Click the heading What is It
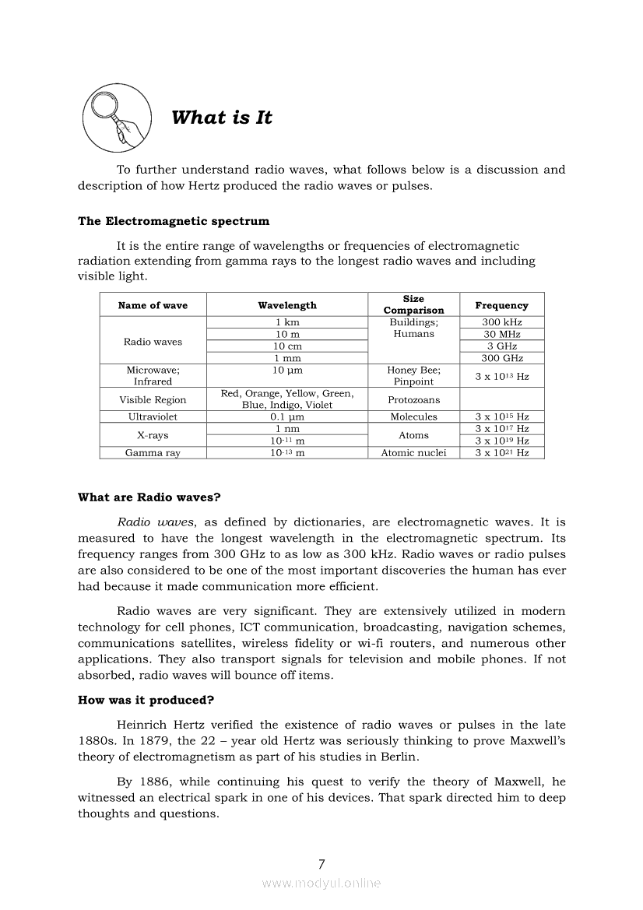pos(222,118)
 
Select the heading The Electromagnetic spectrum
pos(174,221)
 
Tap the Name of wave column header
pos(153,306)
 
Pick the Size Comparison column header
pos(413,304)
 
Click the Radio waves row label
pos(153,342)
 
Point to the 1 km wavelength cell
pos(287,322)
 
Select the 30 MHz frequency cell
pos(502,334)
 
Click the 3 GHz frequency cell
pos(502,346)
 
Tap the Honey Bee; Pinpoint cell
pos(413,376)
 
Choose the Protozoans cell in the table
pos(413,400)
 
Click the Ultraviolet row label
pos(153,417)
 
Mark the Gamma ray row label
pos(153,453)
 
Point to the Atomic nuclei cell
pos(413,453)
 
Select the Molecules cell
pos(413,417)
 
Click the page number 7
pos(321,863)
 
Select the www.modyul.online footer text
pos(321,883)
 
